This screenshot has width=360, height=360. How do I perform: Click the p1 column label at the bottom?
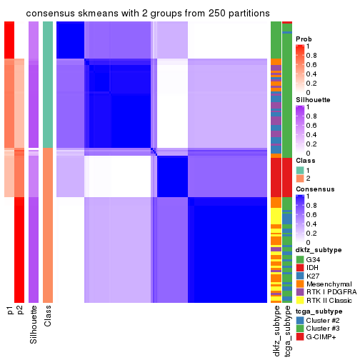pos(9,311)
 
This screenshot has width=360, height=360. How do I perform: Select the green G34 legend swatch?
pos(299,259)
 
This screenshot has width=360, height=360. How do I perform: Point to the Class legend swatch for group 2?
pos(299,179)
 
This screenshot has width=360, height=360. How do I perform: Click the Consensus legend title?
pos(314,189)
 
